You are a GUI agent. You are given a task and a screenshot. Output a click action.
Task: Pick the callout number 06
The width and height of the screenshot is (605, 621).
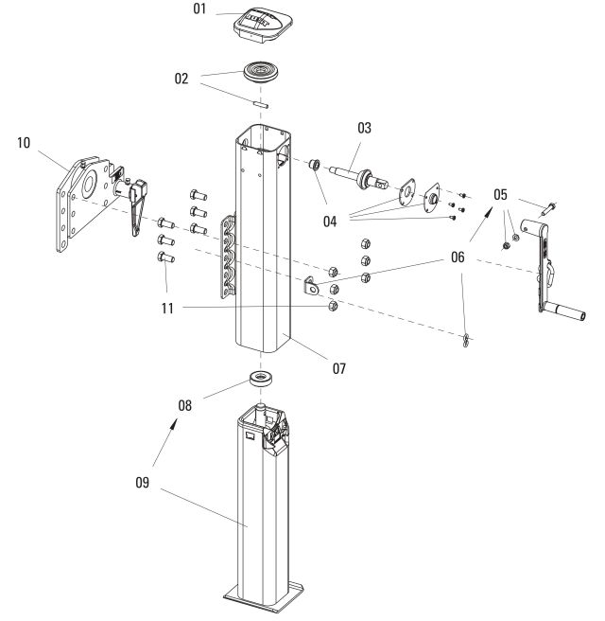[458, 254]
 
